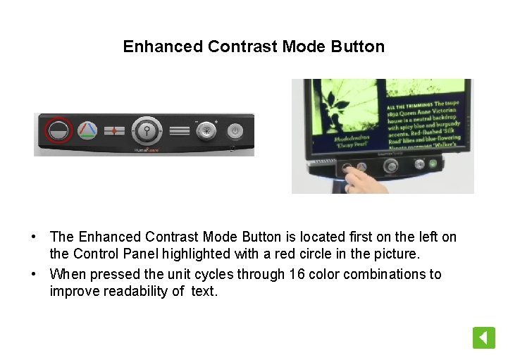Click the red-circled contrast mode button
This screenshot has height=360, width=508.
[58, 130]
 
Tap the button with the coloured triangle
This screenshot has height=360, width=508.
[87, 130]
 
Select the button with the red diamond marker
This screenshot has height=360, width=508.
[114, 131]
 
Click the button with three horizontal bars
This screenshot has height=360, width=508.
[180, 130]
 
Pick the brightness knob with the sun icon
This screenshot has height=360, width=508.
[206, 130]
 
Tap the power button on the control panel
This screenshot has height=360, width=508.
[235, 130]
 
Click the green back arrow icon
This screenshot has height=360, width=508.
[483, 337]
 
